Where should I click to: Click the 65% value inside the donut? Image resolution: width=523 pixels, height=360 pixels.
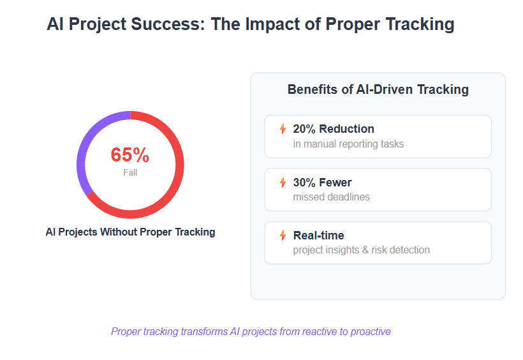pos(130,154)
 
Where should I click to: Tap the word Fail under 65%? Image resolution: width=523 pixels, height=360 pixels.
pos(130,172)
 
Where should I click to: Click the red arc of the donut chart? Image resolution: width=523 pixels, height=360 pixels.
pos(179,167)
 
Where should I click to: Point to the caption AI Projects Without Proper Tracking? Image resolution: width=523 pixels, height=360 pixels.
pos(130,232)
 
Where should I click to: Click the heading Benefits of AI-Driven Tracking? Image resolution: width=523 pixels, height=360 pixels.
pos(378,89)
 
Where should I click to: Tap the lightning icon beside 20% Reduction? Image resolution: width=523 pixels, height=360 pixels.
pos(283,128)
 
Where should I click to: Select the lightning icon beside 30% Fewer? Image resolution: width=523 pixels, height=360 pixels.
pos(283,183)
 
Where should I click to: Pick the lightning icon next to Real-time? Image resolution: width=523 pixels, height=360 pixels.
pos(283,236)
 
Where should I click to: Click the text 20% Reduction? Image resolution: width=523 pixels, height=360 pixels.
pos(334,129)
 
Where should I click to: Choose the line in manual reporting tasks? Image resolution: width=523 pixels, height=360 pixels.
pos(348,144)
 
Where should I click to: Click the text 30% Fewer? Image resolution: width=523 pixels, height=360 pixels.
pos(322,183)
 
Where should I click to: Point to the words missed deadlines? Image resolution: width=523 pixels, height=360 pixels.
pos(331,197)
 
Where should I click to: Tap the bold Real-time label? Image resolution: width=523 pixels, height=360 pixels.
pos(318,236)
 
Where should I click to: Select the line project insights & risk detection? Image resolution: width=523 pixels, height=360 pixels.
pos(361,250)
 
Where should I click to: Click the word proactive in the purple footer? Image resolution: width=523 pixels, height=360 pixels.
pos(371,332)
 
